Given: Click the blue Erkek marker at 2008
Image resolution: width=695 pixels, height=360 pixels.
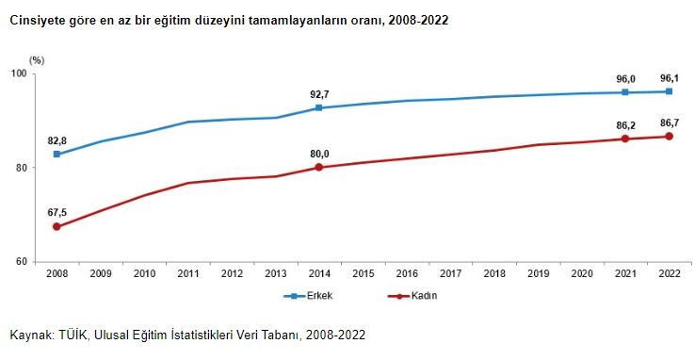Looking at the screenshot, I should point(57,154).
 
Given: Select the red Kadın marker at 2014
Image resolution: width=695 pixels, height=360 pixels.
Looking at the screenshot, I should point(319,167).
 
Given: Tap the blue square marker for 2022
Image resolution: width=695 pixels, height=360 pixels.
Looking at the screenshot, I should point(669,91).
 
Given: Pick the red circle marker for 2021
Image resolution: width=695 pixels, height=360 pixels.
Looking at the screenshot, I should point(625,139).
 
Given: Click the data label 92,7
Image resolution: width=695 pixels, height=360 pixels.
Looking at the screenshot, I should point(319,94).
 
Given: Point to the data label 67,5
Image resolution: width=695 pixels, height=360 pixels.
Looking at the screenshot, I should point(57,213).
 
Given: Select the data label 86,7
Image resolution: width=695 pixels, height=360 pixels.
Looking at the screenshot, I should point(669,123).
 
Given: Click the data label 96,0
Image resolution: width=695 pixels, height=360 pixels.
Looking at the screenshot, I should point(625,79).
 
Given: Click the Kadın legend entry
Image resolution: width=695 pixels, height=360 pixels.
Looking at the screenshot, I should point(421,296).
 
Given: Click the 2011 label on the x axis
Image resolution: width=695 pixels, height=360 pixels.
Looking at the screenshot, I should point(188,273).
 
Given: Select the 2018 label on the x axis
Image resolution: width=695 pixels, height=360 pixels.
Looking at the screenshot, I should point(493,273).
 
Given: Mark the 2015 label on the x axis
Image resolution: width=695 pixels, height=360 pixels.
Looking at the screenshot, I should point(363,273).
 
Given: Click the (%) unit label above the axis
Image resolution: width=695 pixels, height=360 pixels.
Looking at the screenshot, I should point(37,59).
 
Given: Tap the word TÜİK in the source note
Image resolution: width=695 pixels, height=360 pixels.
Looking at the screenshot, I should point(74,335).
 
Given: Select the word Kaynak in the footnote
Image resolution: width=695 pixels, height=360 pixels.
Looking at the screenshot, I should point(30,335).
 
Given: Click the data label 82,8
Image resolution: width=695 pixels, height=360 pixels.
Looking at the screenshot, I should point(57,140).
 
